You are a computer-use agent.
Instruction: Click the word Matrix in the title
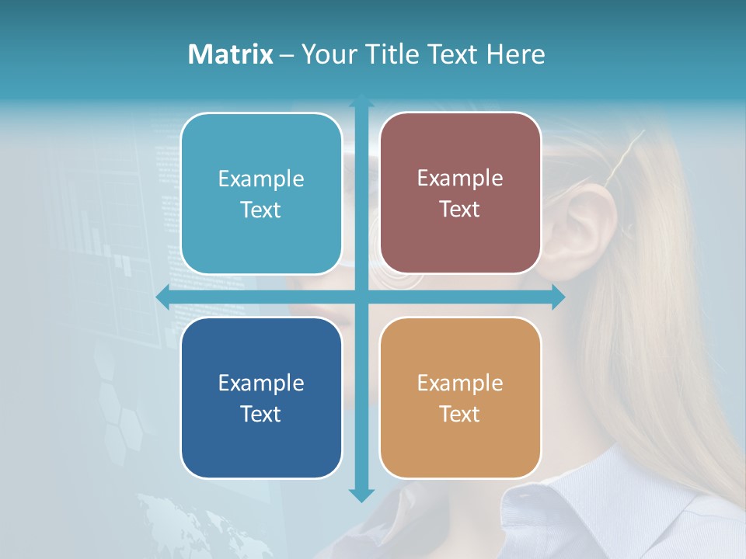231,54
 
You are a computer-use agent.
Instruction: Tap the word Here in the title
515,54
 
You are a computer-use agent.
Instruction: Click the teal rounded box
261,193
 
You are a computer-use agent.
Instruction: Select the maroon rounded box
460,193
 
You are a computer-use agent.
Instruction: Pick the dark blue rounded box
261,398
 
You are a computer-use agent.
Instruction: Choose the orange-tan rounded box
460,398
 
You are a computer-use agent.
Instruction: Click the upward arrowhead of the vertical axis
361,101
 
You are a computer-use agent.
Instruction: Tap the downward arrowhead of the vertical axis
361,495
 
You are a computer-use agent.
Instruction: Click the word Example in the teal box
261,179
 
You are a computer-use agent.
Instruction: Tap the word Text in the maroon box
460,210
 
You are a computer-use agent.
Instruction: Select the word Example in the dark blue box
261,384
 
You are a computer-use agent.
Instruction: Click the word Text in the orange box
460,414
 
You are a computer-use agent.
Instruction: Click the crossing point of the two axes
361,297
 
